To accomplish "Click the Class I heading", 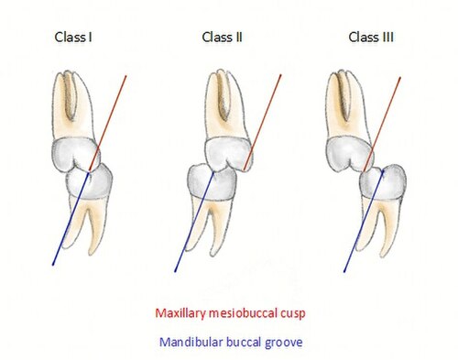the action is pos(73,38).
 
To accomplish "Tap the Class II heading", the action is pos(222,38).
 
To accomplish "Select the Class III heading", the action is pos(371,38).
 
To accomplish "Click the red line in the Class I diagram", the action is pos(107,123).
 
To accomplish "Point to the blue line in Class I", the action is pos(71,219).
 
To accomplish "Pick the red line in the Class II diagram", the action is pos(263,122).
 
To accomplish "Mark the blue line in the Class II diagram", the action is pos(194,222).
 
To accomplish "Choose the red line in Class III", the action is pos(382,124).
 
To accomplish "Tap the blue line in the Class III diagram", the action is pos(364,222).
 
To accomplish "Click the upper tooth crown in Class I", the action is pos(75,154).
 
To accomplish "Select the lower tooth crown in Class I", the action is pos(89,181).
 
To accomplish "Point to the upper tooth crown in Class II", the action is pos(229,154).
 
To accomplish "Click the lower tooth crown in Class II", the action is pos(212,182).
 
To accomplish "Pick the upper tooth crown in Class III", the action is pos(350,154).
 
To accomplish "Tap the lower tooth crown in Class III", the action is pos(383,182).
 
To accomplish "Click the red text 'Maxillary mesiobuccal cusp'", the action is pos(230,313).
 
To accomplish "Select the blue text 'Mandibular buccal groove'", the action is pos(231,343).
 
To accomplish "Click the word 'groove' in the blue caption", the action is pos(284,343).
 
